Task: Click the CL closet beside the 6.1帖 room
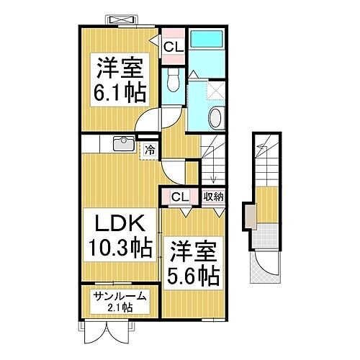tap(172, 48)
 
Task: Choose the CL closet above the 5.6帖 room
tap(179, 196)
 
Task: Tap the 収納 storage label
tap(212, 196)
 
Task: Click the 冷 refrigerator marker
tap(150, 150)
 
